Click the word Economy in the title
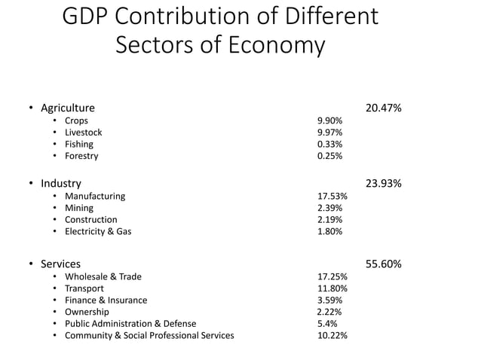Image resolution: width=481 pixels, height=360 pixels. [x=277, y=45]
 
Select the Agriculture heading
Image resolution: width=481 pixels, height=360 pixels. [x=68, y=108]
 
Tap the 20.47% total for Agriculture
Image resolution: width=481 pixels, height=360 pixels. [x=383, y=108]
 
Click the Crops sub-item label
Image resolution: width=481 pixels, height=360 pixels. [x=76, y=121]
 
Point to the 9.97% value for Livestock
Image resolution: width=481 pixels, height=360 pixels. [x=329, y=133]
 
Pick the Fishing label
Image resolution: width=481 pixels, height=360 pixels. [x=79, y=144]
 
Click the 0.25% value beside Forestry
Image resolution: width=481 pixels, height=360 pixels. [x=329, y=156]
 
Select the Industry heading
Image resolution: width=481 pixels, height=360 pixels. [x=61, y=183]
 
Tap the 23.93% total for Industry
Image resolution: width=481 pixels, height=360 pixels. [x=383, y=183]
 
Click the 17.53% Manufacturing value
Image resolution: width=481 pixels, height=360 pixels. [x=332, y=196]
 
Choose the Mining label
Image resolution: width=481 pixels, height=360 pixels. [x=79, y=208]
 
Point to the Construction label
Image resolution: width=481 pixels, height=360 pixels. [x=90, y=220]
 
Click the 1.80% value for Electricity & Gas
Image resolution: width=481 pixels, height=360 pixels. [x=329, y=231]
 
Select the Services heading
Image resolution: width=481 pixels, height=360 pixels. [x=61, y=264]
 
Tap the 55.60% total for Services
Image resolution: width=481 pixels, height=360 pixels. [x=383, y=264]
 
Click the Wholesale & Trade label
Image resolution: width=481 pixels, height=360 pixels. [x=103, y=276]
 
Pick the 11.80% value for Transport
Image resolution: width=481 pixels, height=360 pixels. [x=332, y=288]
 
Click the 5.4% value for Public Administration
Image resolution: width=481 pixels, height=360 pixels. [x=327, y=324]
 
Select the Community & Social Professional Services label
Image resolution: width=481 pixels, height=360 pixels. [x=149, y=335]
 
